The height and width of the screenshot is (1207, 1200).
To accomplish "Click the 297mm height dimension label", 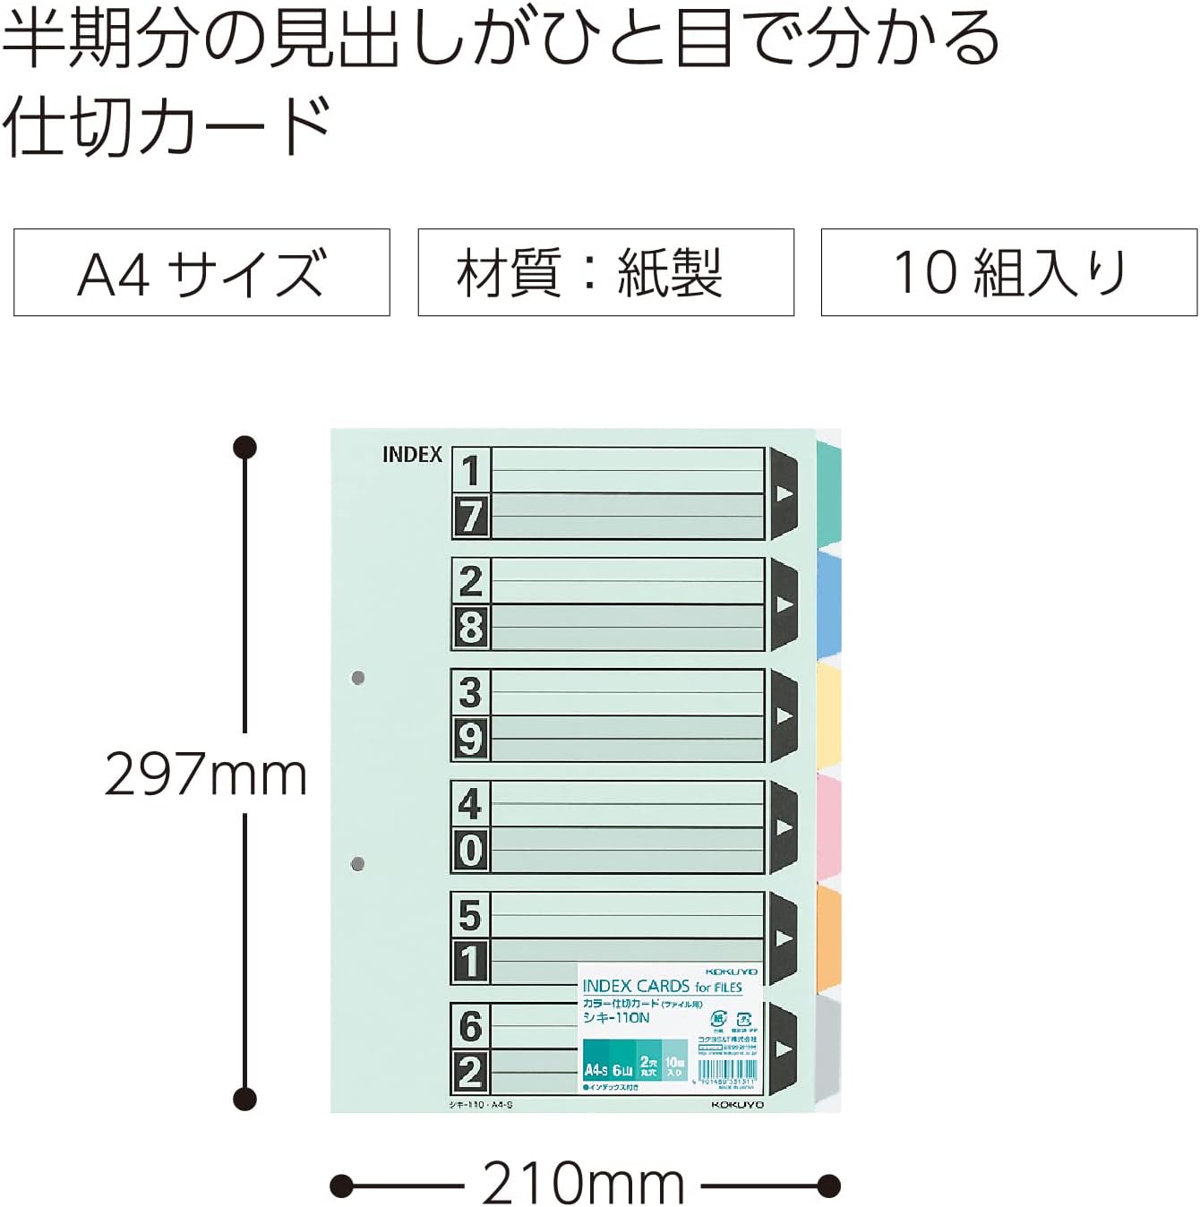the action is point(206,775).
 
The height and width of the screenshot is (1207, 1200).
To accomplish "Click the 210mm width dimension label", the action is point(583,1184).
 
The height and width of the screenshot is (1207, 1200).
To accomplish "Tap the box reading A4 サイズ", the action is point(201,272).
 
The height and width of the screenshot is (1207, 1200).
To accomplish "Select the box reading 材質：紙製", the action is point(605,272).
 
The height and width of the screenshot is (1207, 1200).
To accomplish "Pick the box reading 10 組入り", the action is point(1009,272).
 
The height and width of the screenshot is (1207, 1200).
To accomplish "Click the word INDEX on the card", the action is point(412,455).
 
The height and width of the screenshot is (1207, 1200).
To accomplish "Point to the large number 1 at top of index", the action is point(471,470).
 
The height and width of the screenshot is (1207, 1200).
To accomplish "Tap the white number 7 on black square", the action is point(471,517).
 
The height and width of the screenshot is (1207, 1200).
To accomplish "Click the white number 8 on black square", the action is point(471,628).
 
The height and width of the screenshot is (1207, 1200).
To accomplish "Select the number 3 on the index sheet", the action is point(471,692).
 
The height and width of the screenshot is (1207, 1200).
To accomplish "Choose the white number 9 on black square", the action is point(471,739).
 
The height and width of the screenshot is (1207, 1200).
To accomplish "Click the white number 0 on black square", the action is point(471,850).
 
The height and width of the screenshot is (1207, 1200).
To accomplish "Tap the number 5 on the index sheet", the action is point(471,914).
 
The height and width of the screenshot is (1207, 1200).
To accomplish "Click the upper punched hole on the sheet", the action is point(358,678).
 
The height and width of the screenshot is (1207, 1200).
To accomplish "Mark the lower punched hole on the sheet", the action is point(358,864).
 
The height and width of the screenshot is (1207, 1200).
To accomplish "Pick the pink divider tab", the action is point(830,826).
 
